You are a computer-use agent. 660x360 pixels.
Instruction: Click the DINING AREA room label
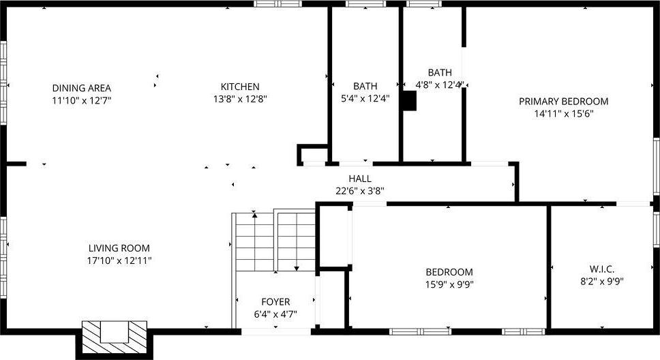82,88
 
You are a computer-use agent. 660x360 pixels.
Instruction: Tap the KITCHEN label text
240,87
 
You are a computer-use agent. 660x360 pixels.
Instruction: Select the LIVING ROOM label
119,248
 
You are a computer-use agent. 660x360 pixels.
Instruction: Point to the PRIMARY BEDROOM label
563,102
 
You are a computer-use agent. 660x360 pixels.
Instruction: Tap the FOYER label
275,301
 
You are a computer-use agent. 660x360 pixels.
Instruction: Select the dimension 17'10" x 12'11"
119,260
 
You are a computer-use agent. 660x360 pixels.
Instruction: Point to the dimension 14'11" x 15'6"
563,114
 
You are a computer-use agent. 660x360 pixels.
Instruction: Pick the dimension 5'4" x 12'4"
365,98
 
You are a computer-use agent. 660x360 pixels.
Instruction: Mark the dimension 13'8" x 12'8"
240,99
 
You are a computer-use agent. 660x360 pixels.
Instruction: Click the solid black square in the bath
408,101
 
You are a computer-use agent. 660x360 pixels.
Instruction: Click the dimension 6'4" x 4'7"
275,314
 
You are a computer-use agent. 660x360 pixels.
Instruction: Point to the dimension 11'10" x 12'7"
82,100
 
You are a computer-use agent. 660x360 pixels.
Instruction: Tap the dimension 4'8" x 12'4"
440,85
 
